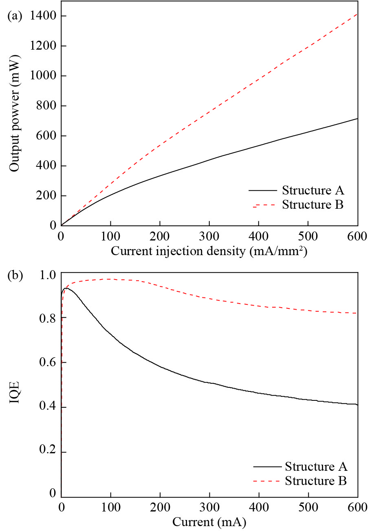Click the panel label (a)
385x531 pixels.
coord(15,16)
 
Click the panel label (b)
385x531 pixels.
coord(15,275)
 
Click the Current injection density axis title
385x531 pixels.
coord(209,251)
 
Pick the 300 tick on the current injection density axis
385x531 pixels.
coord(209,236)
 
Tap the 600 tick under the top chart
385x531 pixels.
coord(357,236)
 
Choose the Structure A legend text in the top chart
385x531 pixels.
coord(313,190)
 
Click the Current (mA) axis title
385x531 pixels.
coord(209,522)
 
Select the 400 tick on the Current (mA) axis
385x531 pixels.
coord(259,507)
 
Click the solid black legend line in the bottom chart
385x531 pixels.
coord(267,466)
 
